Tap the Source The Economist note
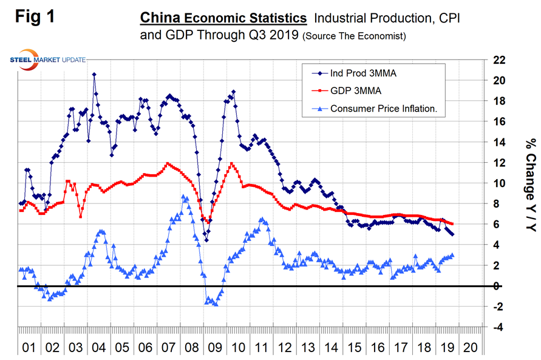[353, 36]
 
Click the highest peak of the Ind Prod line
[94, 75]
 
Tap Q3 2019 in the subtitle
[268, 36]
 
